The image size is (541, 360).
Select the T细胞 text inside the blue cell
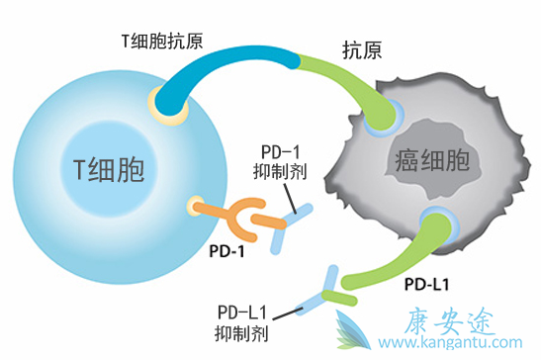click(x=109, y=171)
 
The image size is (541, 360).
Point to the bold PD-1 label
click(x=226, y=250)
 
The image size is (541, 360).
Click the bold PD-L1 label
click(x=427, y=286)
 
